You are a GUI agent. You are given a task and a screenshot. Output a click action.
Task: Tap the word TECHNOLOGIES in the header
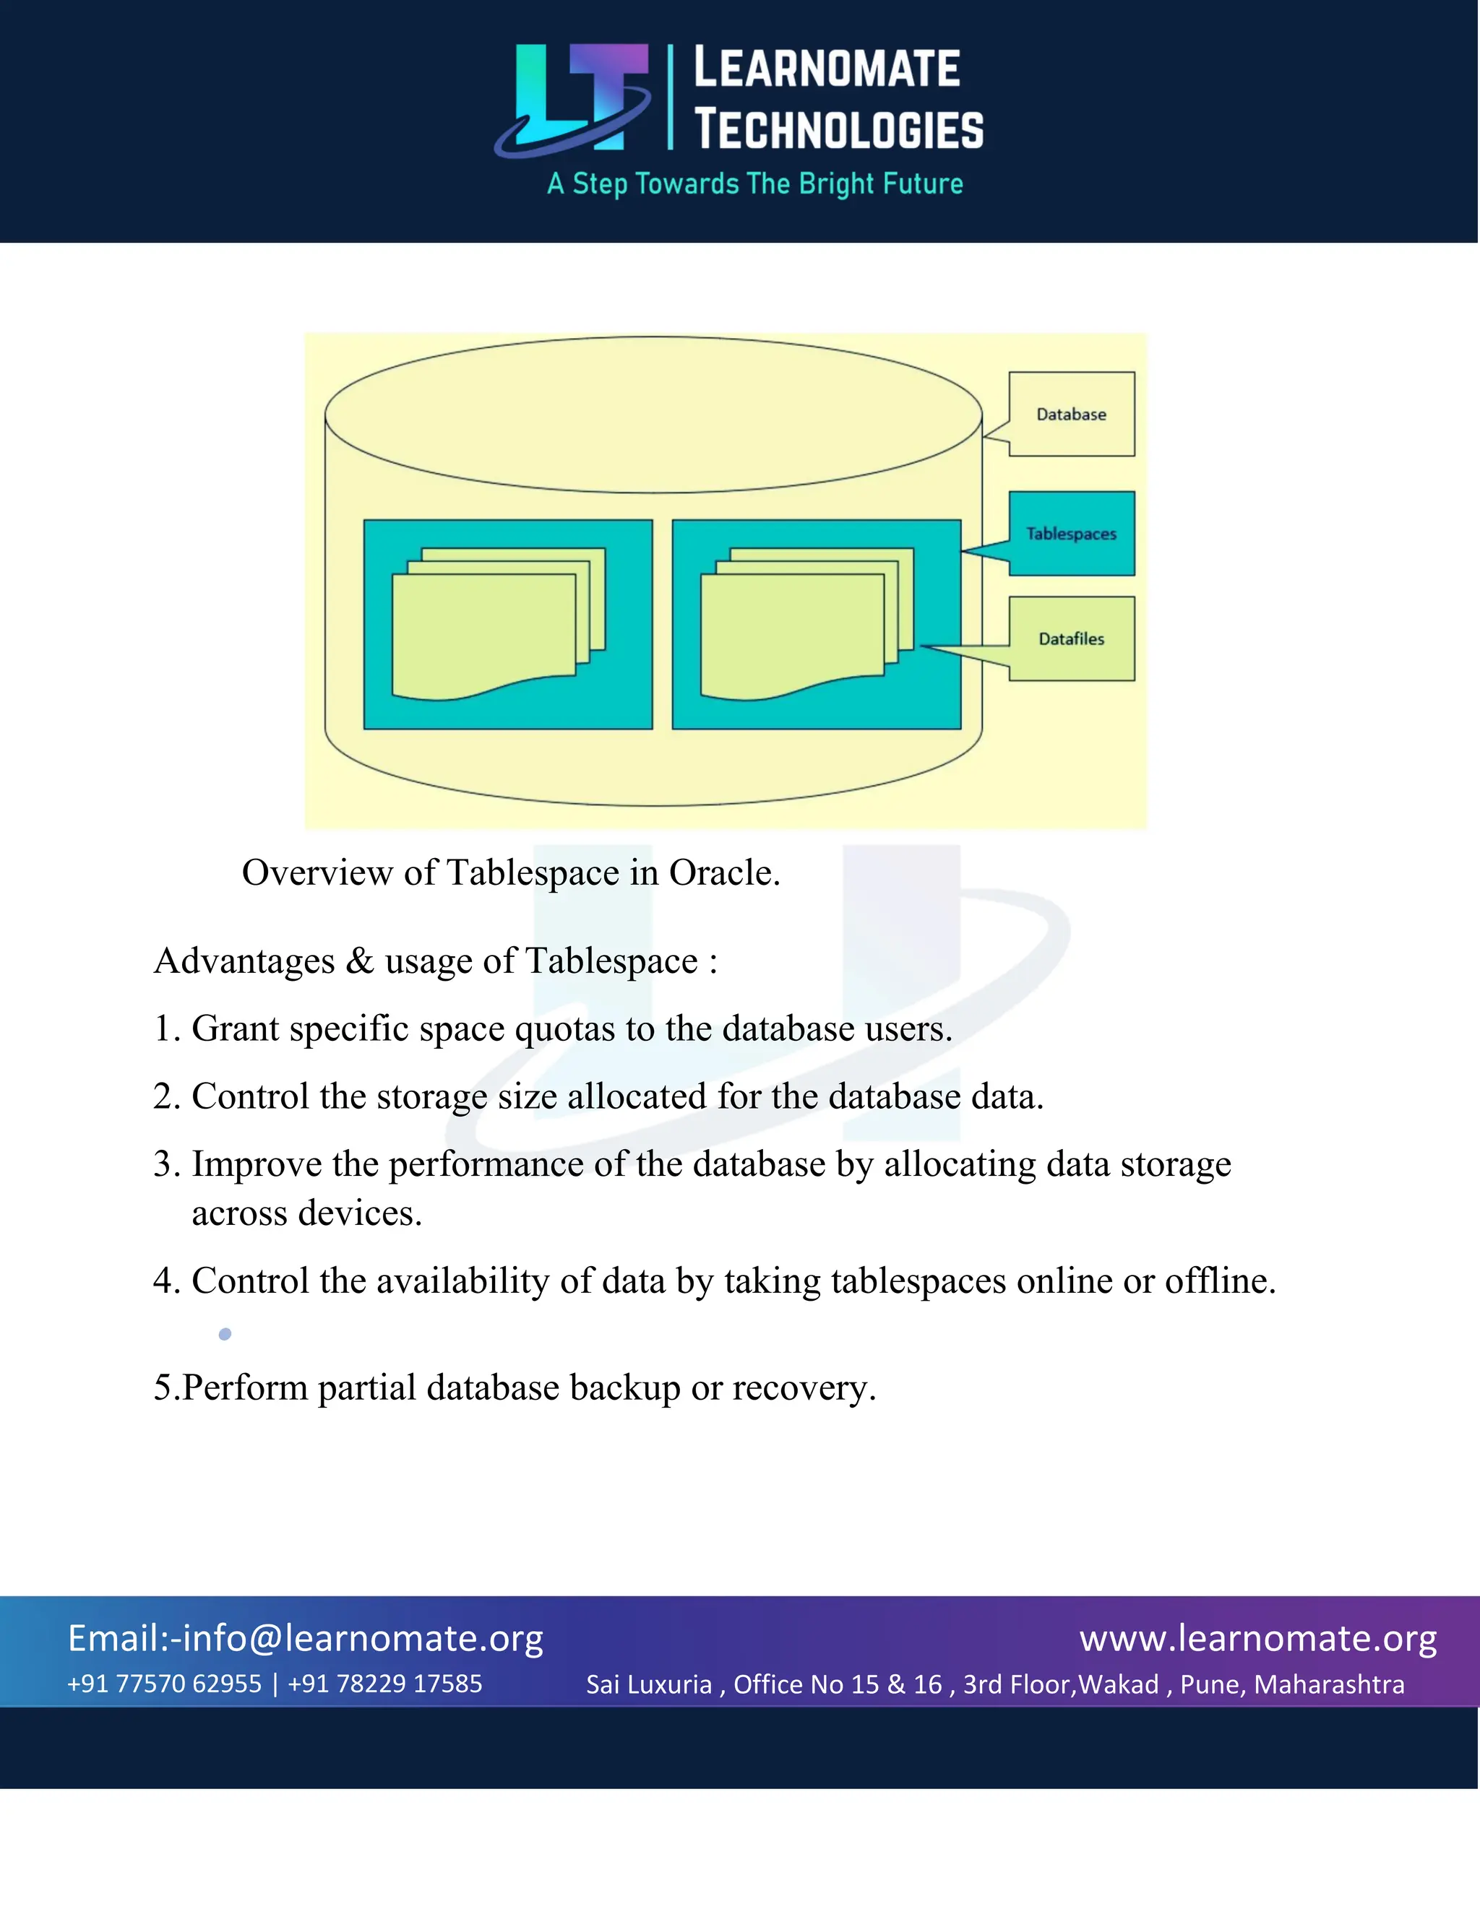pyautogui.click(x=839, y=130)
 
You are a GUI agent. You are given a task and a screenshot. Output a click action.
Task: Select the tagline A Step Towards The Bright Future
pyautogui.click(x=755, y=184)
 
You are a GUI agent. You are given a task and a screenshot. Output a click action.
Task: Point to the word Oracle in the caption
pyautogui.click(x=724, y=873)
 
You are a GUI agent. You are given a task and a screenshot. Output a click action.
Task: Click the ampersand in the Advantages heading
pyautogui.click(x=359, y=961)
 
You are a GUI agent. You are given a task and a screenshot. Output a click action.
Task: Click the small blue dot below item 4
pyautogui.click(x=225, y=1334)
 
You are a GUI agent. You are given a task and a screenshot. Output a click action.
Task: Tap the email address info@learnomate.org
pyautogui.click(x=362, y=1638)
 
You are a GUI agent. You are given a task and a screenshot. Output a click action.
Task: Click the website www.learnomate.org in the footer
pyautogui.click(x=1258, y=1637)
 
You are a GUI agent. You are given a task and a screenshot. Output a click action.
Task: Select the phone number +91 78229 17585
pyautogui.click(x=385, y=1684)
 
